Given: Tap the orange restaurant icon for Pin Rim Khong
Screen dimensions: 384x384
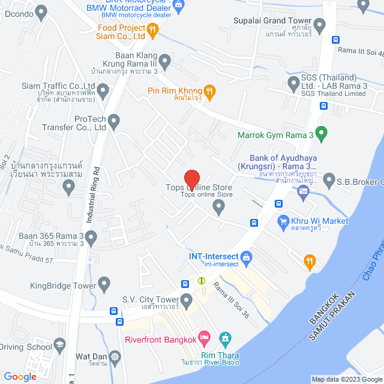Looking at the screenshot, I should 209,91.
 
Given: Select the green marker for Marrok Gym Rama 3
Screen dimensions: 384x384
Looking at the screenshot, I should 322,133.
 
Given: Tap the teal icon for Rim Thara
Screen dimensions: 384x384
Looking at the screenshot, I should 226,340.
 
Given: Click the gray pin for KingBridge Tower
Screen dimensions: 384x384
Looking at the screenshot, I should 104,283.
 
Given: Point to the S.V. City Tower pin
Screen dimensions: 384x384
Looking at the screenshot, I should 187,299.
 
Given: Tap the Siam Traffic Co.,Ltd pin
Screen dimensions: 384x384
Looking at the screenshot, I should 103,92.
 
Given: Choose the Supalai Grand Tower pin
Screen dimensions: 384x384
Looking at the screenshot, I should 320,26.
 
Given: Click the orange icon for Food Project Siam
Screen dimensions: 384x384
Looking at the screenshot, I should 153,28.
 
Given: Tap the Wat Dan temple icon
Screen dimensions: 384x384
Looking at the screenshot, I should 115,356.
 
